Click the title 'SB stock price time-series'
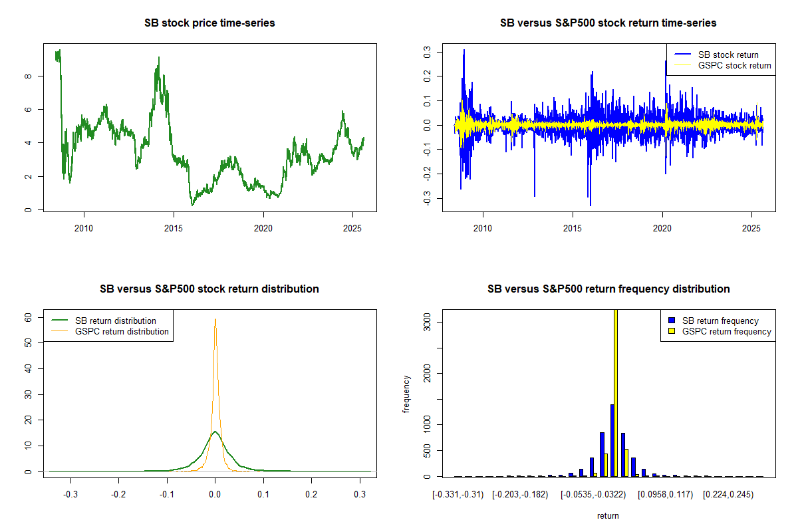point(209,23)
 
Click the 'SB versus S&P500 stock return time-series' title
point(608,23)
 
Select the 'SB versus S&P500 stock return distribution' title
point(209,289)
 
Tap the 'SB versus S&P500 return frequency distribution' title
point(608,289)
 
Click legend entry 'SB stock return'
point(728,55)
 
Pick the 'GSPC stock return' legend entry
point(734,65)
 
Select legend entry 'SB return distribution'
point(116,321)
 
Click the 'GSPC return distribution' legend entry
point(122,331)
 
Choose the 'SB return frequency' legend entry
point(720,321)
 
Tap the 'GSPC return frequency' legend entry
point(726,331)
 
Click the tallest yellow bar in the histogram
point(616,392)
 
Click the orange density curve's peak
point(215,319)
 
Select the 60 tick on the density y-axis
point(29,318)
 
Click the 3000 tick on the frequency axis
point(428,323)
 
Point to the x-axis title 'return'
point(608,516)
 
